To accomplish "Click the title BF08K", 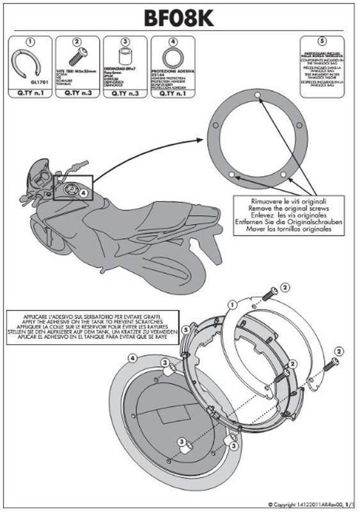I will (x=180, y=18).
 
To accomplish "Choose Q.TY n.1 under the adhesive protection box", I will (x=172, y=93).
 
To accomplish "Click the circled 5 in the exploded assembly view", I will (x=185, y=330).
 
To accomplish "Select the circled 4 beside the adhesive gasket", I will (x=131, y=358).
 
